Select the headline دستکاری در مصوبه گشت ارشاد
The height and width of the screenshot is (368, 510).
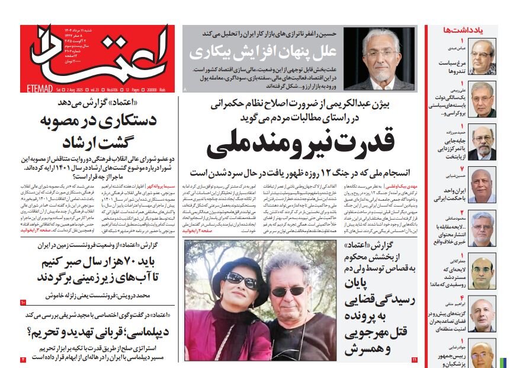[x=98, y=132]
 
